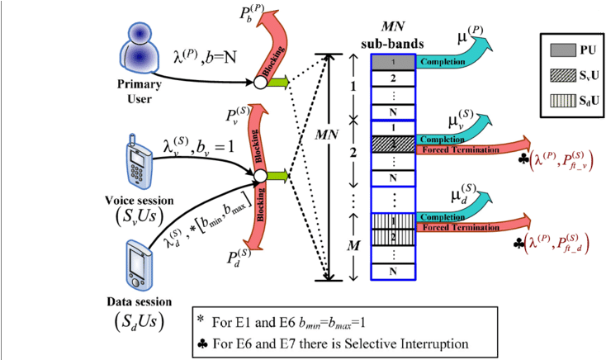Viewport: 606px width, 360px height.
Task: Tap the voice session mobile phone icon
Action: [137, 158]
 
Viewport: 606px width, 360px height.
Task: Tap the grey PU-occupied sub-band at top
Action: [394, 62]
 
